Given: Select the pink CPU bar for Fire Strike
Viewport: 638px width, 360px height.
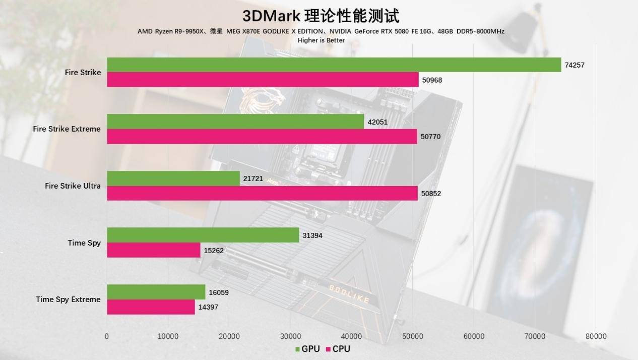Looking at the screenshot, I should tap(263, 80).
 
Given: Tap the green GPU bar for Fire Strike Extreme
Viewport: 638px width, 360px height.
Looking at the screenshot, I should tap(235, 122).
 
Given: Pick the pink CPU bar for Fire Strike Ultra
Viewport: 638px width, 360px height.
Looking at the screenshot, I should tap(262, 193).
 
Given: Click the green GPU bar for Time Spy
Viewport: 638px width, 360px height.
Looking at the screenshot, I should tap(203, 235).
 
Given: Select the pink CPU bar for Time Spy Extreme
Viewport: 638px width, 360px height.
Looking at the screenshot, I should tap(151, 307).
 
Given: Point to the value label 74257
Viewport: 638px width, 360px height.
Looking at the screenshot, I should tap(575, 65).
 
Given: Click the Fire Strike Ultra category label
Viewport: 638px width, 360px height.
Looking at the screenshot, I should tap(73, 186).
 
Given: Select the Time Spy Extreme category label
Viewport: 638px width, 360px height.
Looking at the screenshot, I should tap(68, 299).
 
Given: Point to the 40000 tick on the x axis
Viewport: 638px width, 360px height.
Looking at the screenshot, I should tap(351, 336).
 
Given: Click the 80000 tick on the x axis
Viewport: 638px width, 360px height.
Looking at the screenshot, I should tap(596, 336).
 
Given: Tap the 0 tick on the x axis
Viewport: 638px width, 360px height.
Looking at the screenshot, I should tap(107, 336).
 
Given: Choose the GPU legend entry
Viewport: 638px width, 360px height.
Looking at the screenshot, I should tap(306, 349).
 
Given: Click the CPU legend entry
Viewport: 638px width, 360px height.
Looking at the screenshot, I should tap(338, 349).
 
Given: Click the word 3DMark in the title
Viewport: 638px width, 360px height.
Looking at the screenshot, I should tap(271, 16).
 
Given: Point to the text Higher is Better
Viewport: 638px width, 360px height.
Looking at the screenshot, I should tap(321, 40).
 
